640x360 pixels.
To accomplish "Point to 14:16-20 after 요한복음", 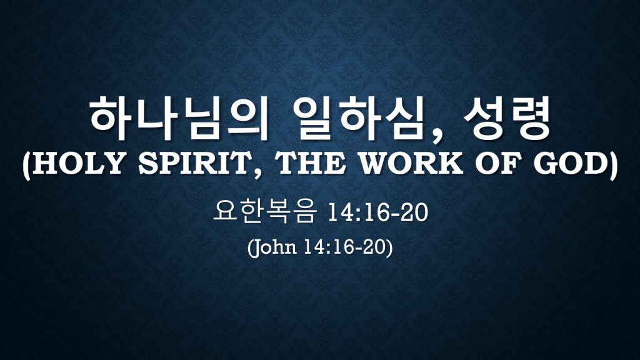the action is click(377, 213).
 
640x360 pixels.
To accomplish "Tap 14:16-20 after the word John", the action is click(345, 247).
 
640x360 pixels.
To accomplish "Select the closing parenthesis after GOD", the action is click(614, 165).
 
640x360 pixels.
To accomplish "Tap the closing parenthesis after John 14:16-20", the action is click(389, 247).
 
